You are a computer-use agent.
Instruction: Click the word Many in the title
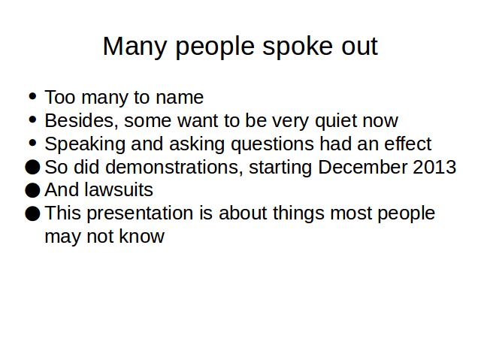pyautogui.click(x=135, y=47)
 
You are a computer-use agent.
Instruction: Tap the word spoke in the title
pyautogui.click(x=298, y=46)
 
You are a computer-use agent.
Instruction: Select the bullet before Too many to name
pyautogui.click(x=32, y=97)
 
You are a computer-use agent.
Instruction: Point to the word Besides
pyautogui.click(x=81, y=120)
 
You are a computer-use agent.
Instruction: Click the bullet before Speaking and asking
pyautogui.click(x=32, y=144)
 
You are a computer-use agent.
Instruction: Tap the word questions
pyautogui.click(x=272, y=144)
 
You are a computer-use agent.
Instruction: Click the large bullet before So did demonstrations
pyautogui.click(x=32, y=167)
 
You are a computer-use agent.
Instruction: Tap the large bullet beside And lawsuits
pyautogui.click(x=32, y=190)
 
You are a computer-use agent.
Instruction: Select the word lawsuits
pyautogui.click(x=119, y=190)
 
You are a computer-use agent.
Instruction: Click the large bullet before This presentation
pyautogui.click(x=32, y=213)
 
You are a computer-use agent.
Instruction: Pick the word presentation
pyautogui.click(x=140, y=213)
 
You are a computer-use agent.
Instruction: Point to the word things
pyautogui.click(x=298, y=213)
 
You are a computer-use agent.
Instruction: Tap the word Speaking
pyautogui.click(x=85, y=144)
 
